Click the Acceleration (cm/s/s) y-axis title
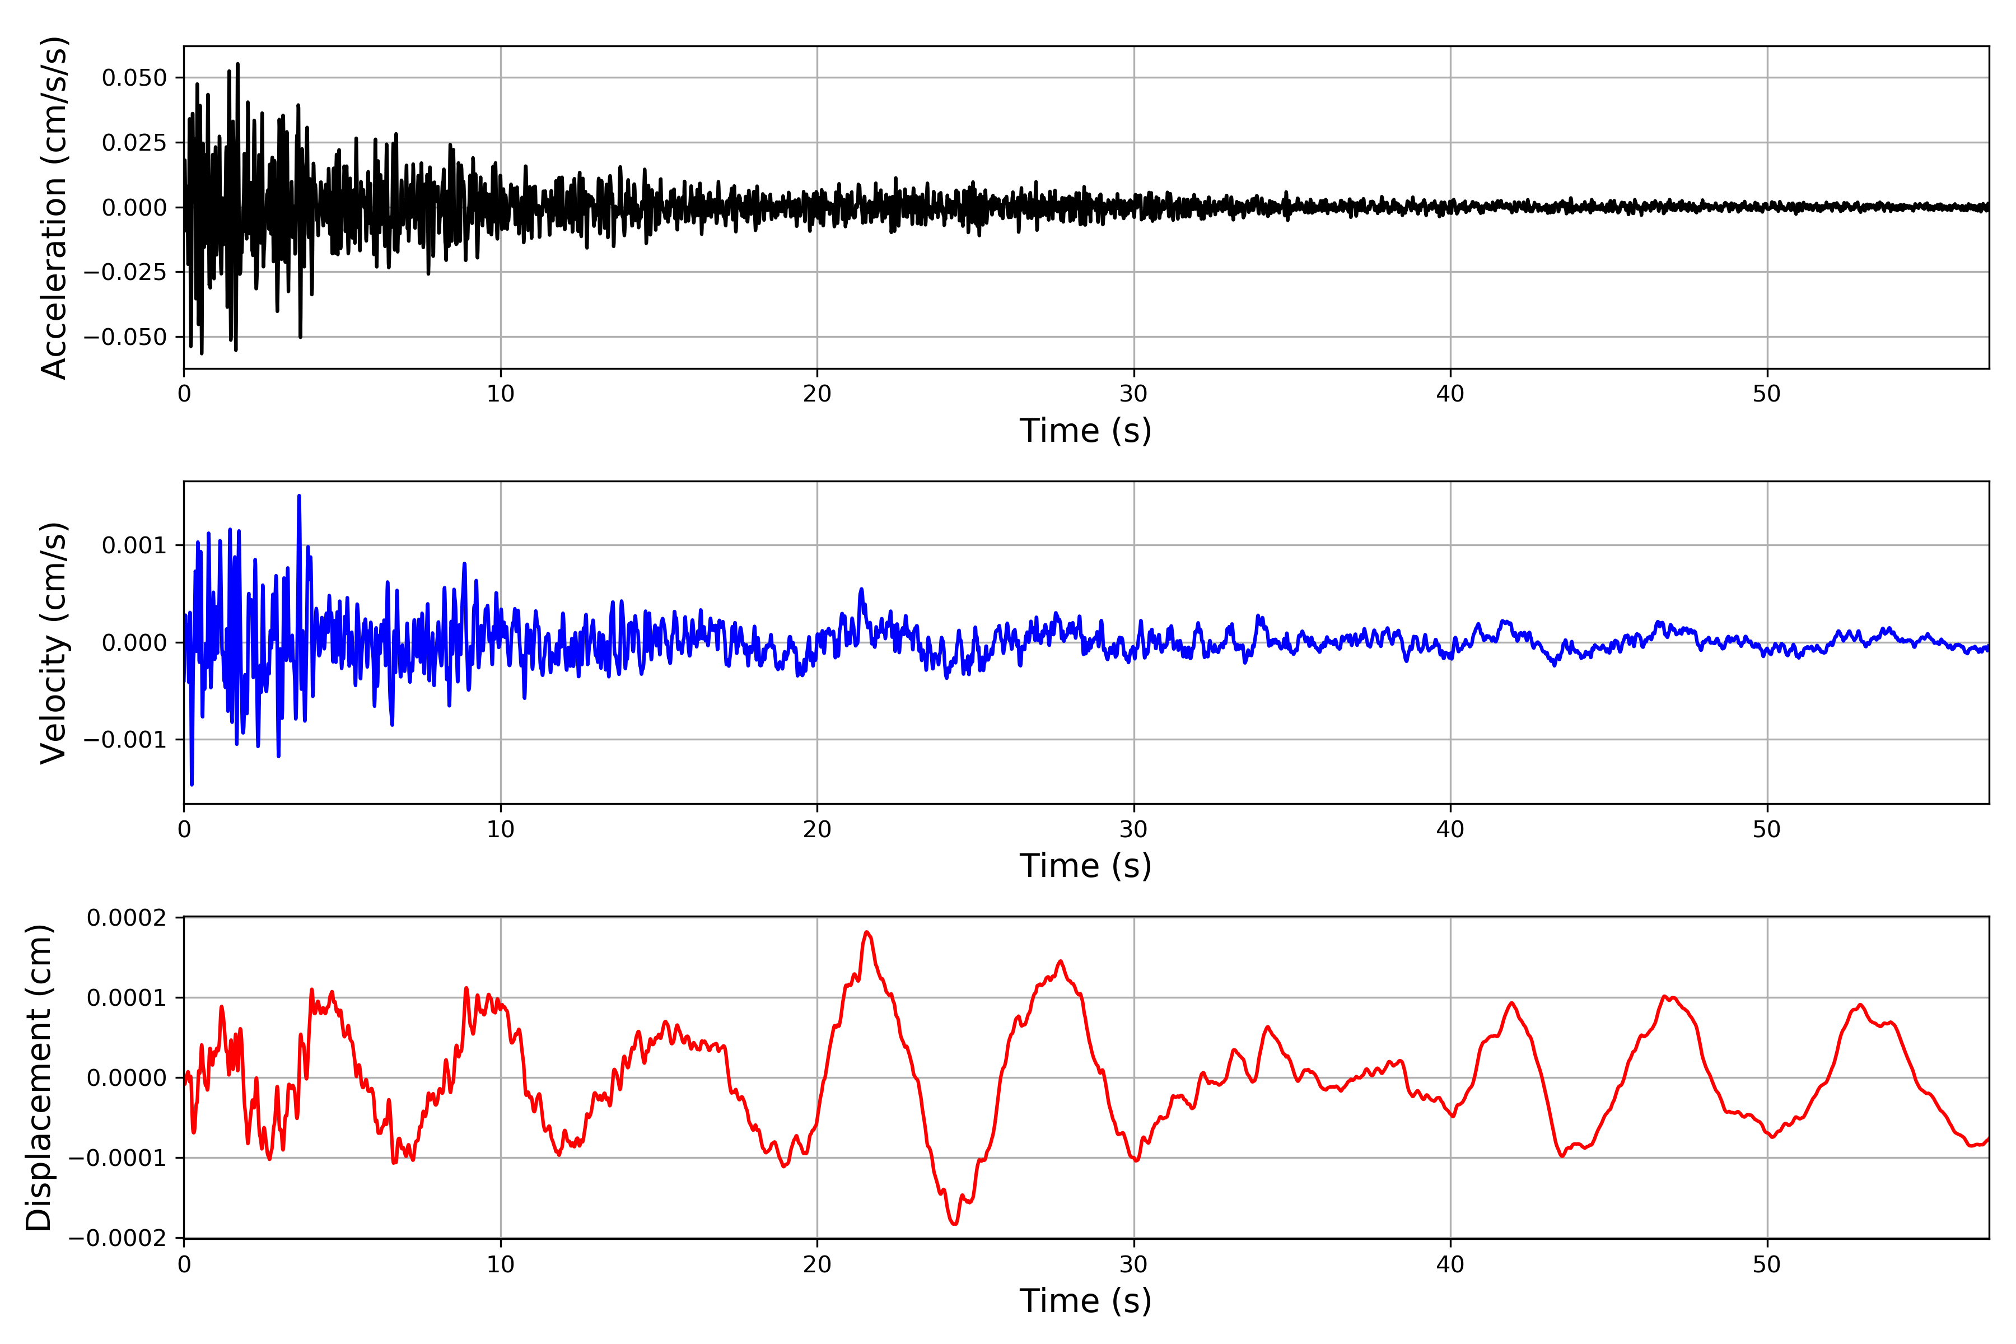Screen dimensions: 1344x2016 54,207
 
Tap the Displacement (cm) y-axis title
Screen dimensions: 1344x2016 39,1077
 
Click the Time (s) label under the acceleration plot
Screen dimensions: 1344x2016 1085,430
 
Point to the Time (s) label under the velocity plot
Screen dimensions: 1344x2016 1085,866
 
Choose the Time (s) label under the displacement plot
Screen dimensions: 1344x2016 1085,1301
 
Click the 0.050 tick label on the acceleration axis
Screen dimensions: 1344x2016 134,78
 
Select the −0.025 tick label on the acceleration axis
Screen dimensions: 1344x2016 125,272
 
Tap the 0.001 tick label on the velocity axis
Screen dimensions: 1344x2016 134,545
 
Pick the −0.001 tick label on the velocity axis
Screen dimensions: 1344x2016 125,739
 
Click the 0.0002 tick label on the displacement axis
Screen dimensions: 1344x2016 127,918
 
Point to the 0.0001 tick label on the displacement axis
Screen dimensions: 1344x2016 127,998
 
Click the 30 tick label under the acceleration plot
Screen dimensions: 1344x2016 1133,394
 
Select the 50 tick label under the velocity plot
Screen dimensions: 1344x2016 1767,830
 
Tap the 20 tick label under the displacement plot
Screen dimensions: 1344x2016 817,1264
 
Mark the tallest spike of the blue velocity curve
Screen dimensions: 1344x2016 299,496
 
